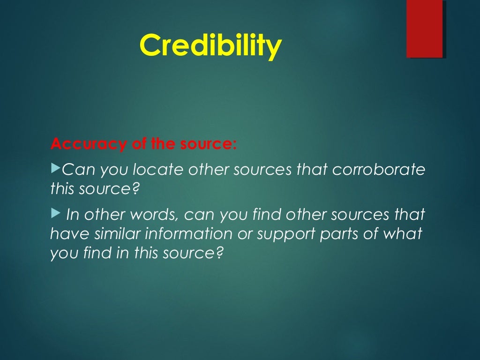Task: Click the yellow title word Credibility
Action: tap(210, 45)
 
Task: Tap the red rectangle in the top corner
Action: tap(425, 29)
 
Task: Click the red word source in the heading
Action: tap(206, 143)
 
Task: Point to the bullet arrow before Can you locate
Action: tap(55, 167)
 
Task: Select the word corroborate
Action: tap(378, 169)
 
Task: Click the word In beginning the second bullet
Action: tap(72, 215)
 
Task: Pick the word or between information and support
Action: tap(245, 234)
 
